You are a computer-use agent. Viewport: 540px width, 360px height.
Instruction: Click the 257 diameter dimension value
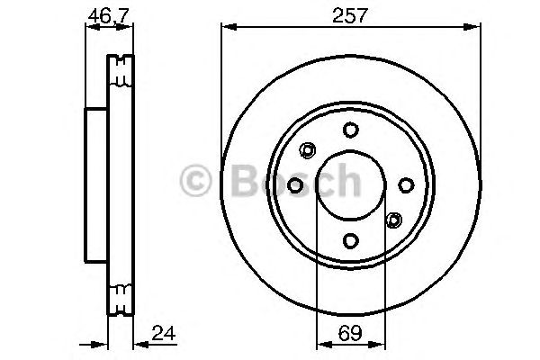(350, 14)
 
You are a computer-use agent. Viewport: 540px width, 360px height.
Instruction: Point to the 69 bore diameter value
(350, 335)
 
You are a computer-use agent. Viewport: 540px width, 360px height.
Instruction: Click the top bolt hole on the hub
(351, 130)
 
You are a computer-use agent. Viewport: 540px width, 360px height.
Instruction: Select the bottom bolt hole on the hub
(351, 240)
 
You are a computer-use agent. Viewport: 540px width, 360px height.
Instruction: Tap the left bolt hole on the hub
(295, 184)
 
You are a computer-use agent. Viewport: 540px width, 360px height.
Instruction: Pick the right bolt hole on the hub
(406, 184)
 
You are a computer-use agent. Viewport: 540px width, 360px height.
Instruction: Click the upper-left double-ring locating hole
(308, 149)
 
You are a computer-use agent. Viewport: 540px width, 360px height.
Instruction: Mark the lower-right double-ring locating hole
(393, 220)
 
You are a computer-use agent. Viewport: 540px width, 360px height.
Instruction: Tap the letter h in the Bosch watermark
(348, 182)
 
